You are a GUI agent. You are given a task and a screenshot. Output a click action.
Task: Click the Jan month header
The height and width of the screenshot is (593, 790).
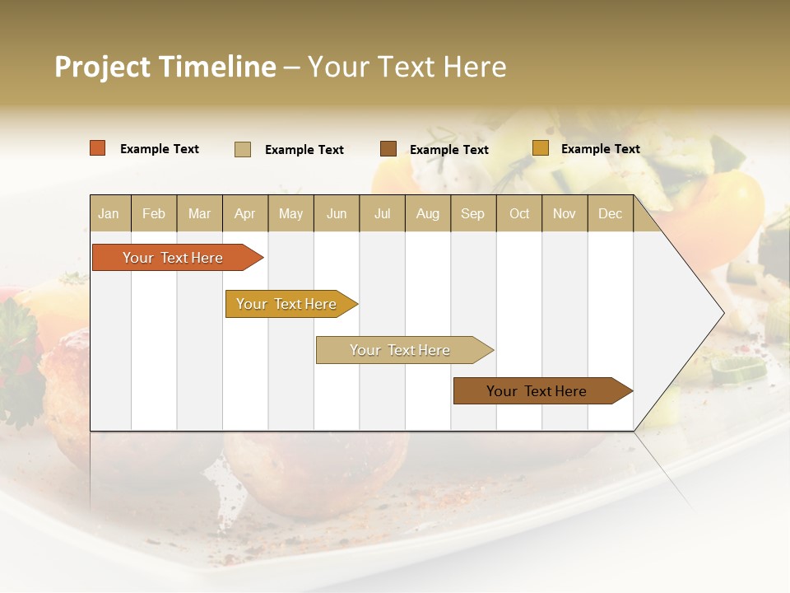coord(109,213)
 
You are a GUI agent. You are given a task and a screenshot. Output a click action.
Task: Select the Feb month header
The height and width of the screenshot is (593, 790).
coord(154,213)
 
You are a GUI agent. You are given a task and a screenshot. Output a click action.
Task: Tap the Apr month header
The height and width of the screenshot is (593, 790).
coord(245,213)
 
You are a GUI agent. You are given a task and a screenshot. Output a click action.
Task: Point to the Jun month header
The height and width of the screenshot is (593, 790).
coord(337,213)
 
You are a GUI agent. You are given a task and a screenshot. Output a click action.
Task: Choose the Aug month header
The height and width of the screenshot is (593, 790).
coord(428,213)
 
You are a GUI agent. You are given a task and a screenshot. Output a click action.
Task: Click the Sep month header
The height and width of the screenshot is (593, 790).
coord(472,213)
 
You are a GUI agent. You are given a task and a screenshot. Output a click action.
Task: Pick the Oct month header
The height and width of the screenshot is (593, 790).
coord(519,213)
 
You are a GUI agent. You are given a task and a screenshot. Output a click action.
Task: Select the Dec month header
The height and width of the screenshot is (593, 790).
coord(610,213)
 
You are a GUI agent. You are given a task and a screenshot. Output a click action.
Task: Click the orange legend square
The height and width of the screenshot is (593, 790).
coord(98,148)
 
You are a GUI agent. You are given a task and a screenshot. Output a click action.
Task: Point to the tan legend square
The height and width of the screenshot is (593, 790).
coord(243,149)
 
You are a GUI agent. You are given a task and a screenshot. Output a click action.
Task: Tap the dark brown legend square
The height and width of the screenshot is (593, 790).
coord(388,149)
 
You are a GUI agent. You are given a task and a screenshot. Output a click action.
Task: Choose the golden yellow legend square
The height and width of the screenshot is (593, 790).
coord(540,148)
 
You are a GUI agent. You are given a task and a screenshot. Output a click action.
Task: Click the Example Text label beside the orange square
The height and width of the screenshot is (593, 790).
coord(160,149)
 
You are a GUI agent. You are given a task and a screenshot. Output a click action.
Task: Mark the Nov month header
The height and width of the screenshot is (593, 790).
coord(565,213)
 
